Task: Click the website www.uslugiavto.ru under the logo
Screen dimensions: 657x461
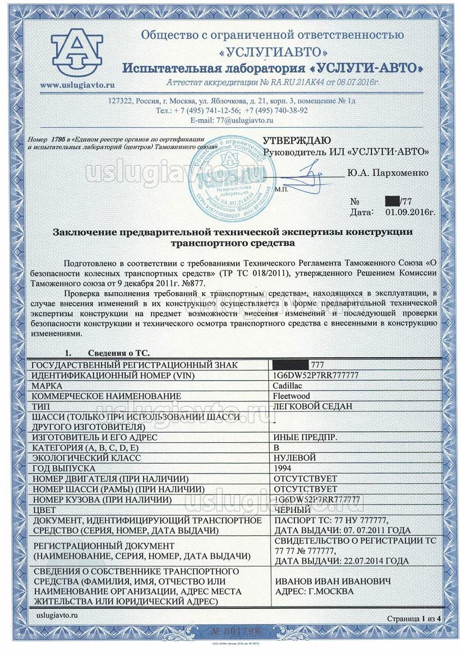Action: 77,85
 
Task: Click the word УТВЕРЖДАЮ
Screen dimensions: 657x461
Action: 297,140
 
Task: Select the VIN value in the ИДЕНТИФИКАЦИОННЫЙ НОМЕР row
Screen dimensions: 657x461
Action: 317,376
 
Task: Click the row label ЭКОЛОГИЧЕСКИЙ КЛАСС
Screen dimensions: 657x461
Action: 86,458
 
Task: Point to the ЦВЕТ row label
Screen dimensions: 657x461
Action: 45,510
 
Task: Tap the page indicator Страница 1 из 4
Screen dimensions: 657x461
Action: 413,619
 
